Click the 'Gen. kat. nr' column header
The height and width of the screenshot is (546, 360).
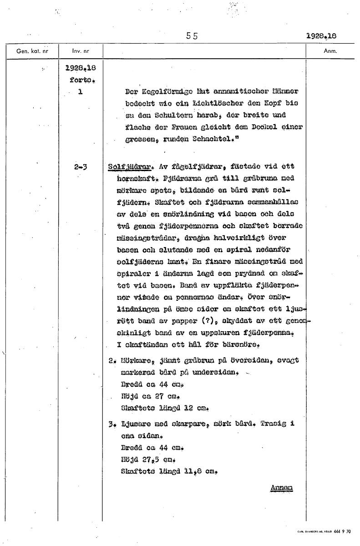coord(29,51)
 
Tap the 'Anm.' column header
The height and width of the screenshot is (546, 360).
coord(330,51)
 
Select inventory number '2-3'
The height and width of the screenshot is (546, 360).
coord(80,167)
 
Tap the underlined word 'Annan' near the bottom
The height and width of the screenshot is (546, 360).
coord(282,488)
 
